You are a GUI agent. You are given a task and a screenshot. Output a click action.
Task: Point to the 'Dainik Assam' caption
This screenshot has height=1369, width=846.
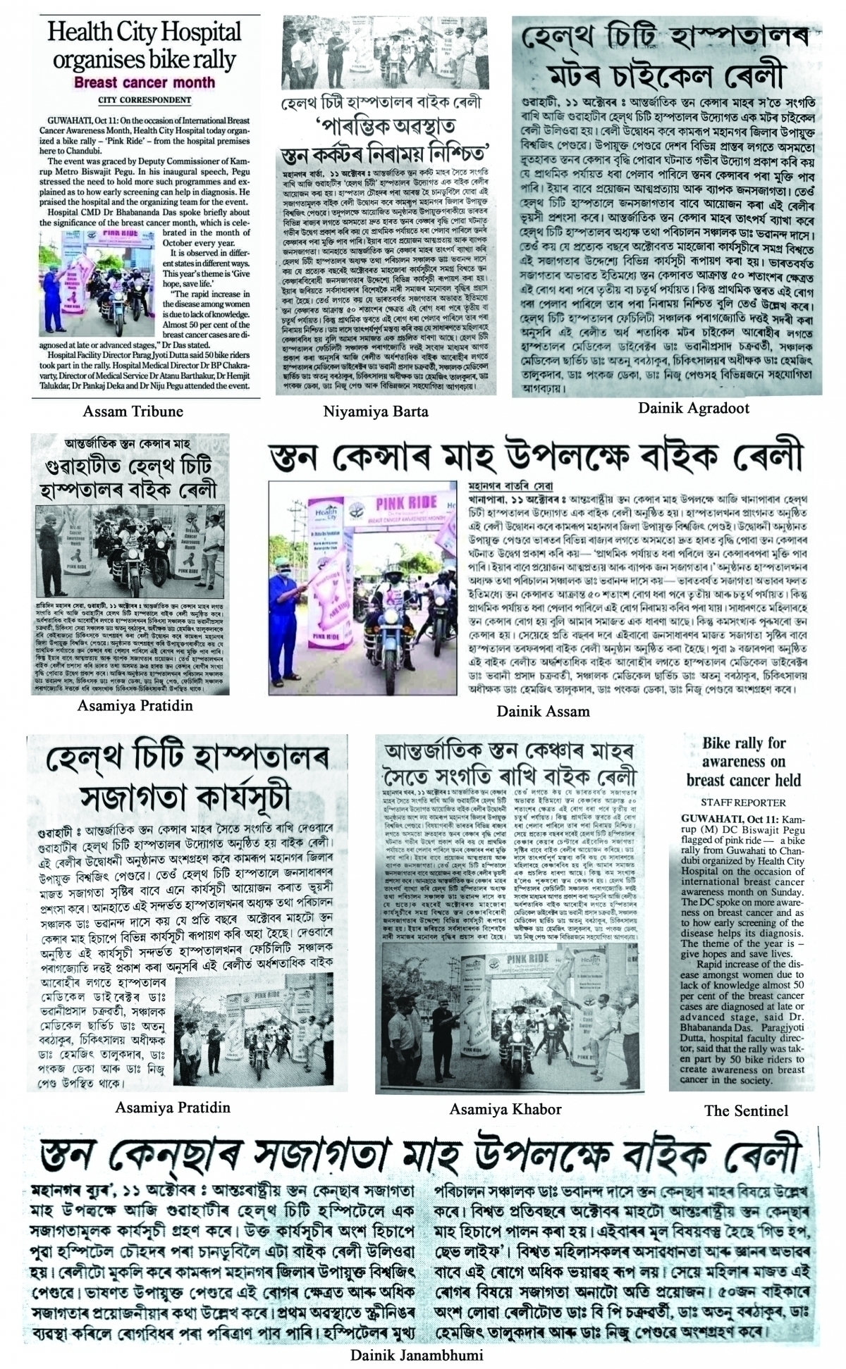pos(543,712)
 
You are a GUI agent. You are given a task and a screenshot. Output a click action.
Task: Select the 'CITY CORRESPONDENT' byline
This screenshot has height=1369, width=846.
pos(145,101)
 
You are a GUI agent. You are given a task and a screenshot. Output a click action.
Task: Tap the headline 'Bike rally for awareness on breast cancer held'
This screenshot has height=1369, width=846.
pos(744,762)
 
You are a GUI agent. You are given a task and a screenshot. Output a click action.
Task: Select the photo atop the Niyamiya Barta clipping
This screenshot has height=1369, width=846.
pos(387,52)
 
